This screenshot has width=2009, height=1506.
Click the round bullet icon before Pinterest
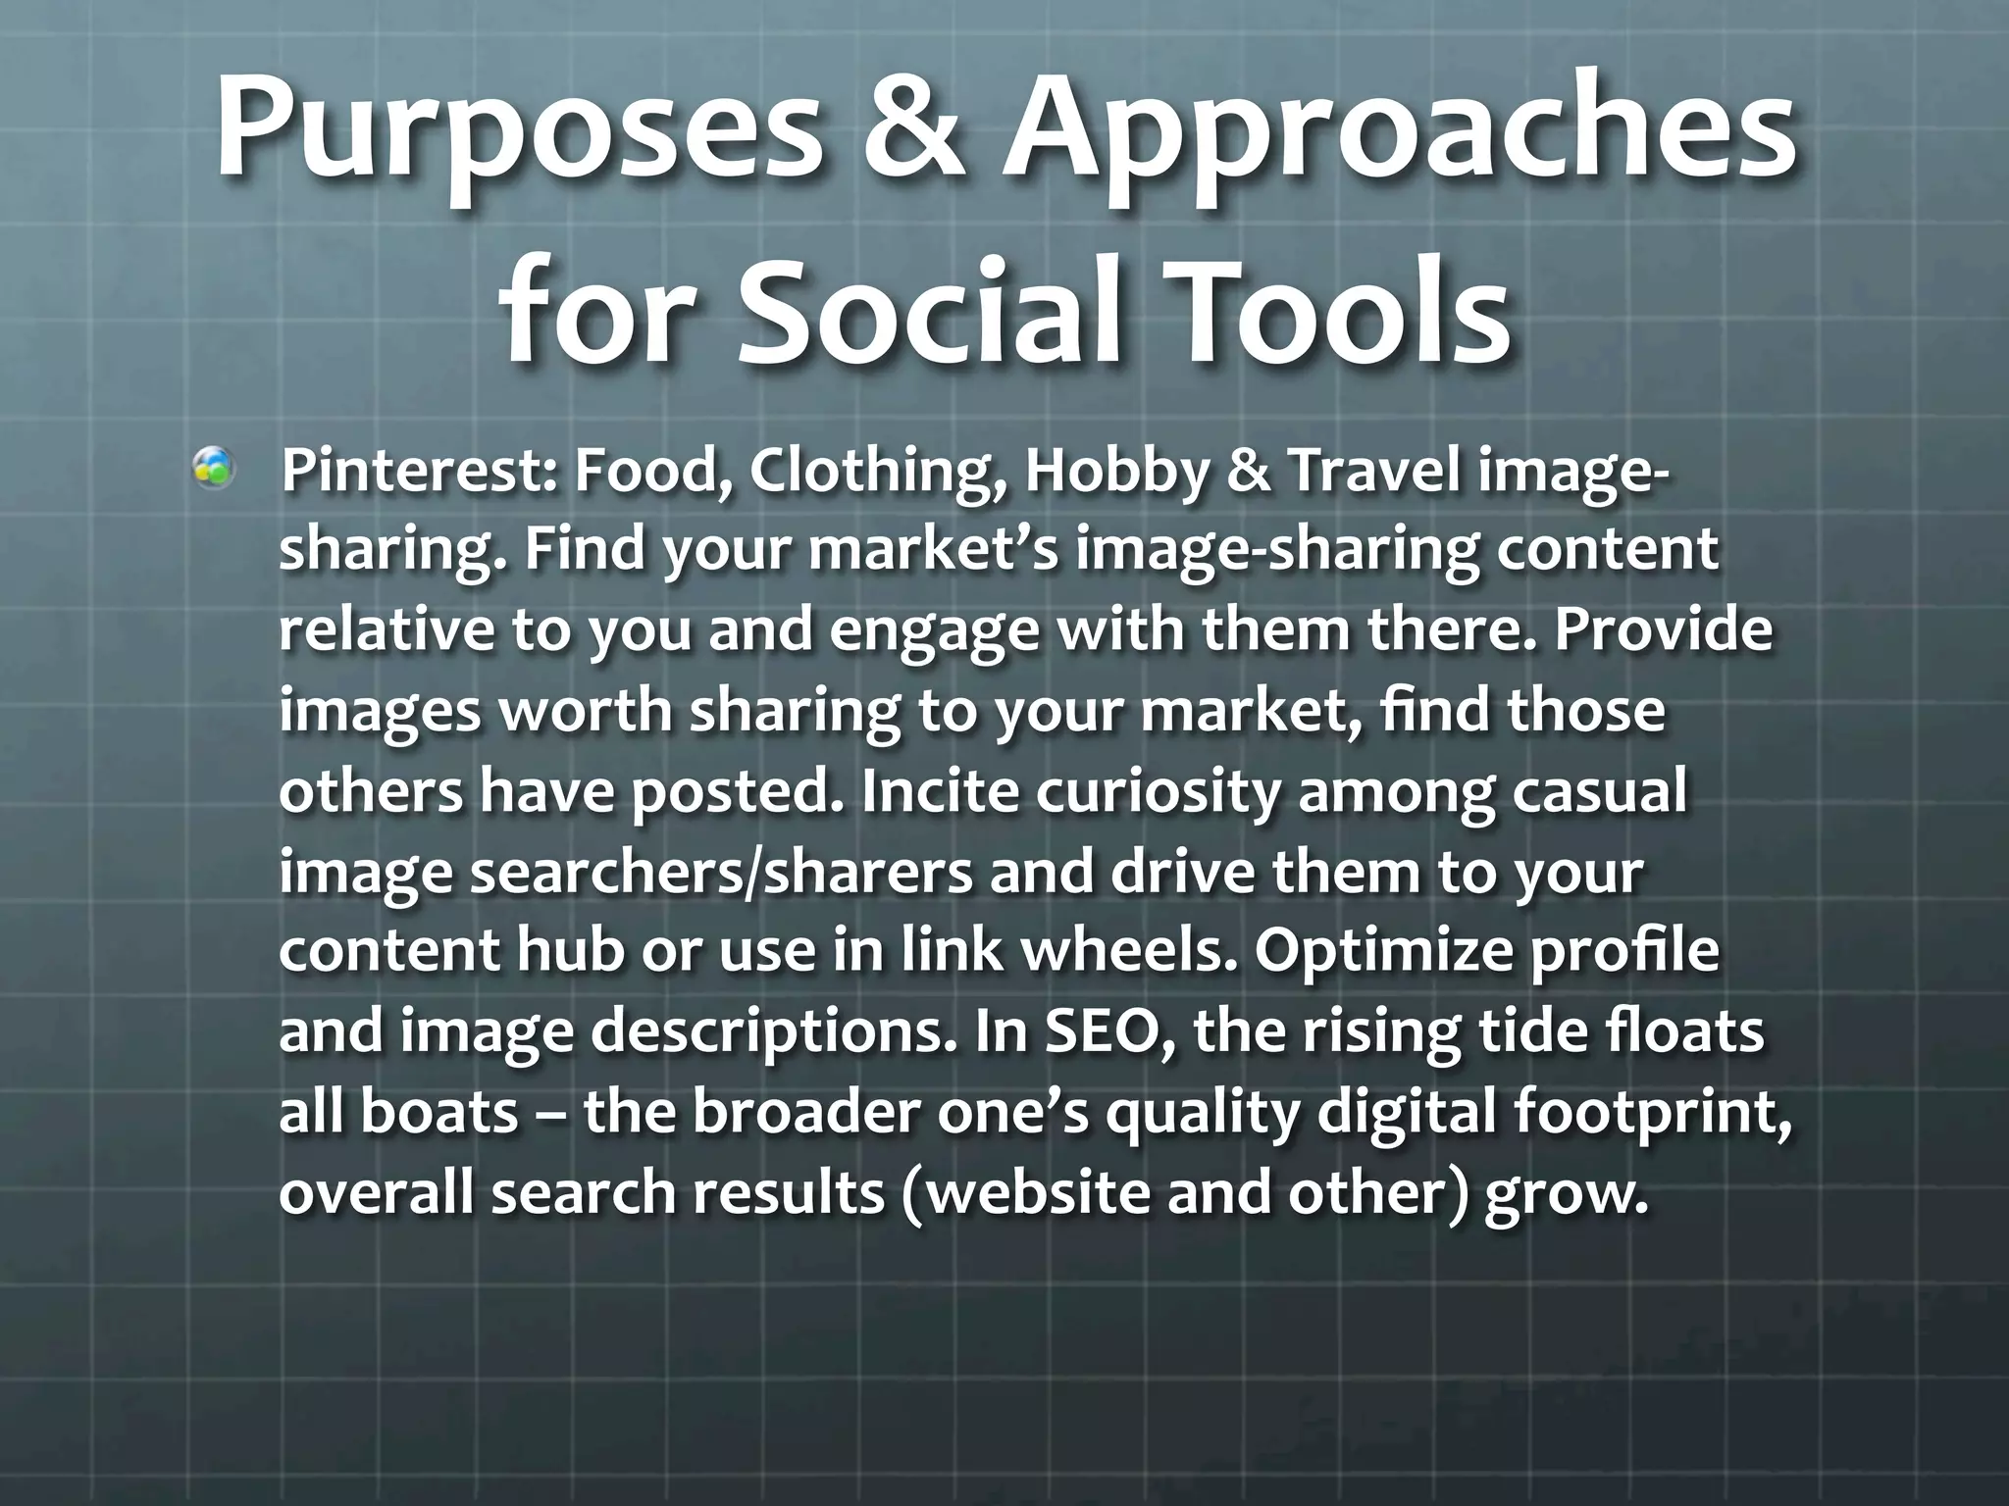213,469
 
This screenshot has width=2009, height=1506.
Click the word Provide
1664,631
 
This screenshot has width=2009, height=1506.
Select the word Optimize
1382,952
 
